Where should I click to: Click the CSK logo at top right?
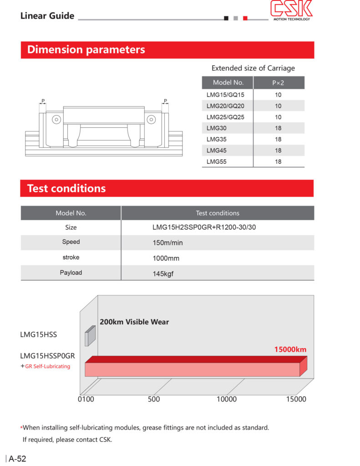(291, 10)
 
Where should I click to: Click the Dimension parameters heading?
(86, 50)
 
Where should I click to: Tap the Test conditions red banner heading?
(66, 188)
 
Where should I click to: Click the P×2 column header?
(278, 83)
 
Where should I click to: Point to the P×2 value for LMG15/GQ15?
(278, 95)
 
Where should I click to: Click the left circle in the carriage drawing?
(56, 120)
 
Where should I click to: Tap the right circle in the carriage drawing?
(151, 120)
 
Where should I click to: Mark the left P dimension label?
(43, 101)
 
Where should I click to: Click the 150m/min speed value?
(167, 243)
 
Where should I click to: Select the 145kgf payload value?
(162, 274)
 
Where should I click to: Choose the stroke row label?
(71, 258)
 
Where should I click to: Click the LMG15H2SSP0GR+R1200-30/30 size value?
(204, 227)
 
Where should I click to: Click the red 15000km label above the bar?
(290, 350)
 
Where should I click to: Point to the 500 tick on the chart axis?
(154, 400)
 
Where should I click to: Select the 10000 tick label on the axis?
(226, 400)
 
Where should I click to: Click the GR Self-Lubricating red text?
(47, 366)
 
